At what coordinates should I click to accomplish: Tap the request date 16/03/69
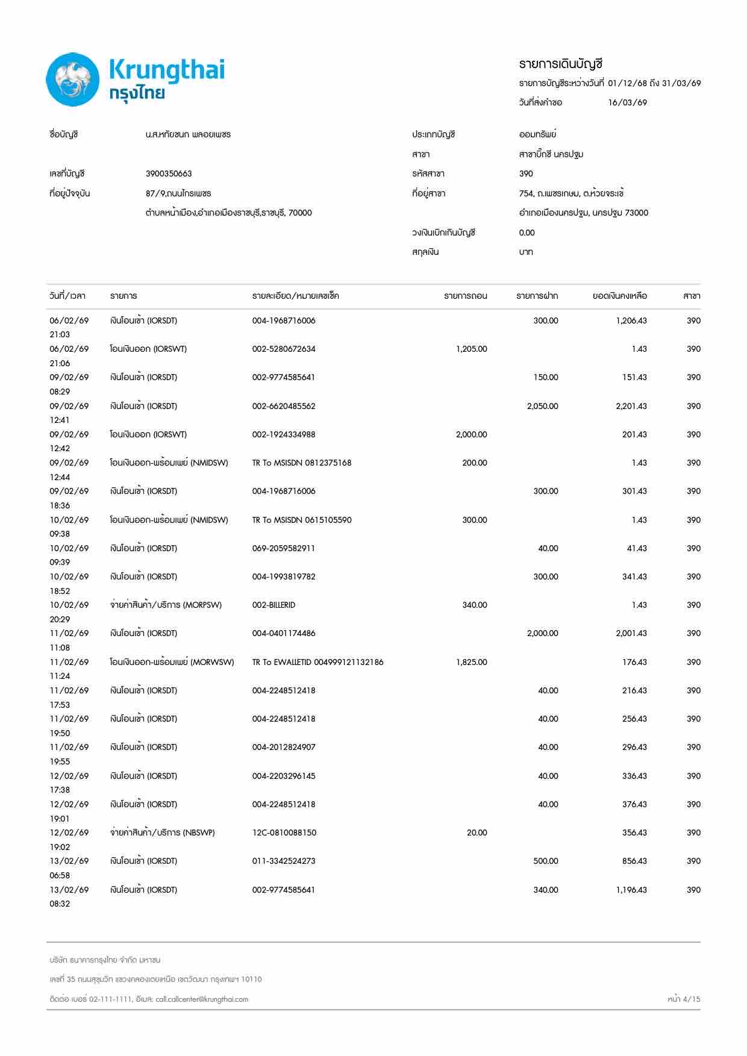coord(627,102)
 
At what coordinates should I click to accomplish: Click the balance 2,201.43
coord(631,406)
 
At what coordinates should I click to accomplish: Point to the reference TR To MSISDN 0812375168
coord(301,463)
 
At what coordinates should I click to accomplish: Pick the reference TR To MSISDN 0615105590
coord(301,520)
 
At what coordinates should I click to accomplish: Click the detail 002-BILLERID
coord(273,605)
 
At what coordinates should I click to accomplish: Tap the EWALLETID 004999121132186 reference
coord(317,662)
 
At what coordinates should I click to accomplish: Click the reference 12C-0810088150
coord(284,833)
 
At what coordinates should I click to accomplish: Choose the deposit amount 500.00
coord(545,861)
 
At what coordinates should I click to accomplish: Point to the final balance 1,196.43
coord(631,890)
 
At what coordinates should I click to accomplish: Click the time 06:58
coord(60,875)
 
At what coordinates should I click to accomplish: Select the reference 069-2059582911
coord(283,548)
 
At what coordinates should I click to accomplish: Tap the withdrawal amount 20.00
coord(477,833)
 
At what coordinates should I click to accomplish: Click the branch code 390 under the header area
coord(525,173)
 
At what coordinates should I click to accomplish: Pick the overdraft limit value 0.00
coord(526,233)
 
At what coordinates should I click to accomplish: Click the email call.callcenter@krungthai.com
coord(201,999)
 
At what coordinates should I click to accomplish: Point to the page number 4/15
coord(684,999)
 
